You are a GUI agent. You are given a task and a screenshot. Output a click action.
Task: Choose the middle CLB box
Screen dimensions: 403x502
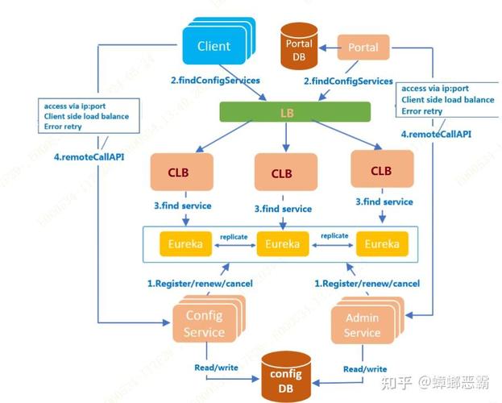281,173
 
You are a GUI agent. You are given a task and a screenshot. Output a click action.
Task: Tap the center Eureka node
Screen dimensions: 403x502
282,243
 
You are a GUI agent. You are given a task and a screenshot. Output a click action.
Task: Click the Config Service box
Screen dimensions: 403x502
203,324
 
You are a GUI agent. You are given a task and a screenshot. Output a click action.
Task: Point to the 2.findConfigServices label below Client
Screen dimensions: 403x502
215,81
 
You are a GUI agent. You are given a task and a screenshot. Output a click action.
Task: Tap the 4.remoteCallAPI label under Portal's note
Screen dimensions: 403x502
436,134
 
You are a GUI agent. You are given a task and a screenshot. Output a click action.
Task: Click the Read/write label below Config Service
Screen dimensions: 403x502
216,368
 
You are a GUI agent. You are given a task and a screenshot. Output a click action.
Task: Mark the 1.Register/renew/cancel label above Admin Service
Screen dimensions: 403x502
367,283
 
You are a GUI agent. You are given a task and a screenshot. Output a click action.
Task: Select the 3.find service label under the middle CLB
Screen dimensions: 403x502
283,209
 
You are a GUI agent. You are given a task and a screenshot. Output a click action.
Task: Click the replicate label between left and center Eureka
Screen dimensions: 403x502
233,236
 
